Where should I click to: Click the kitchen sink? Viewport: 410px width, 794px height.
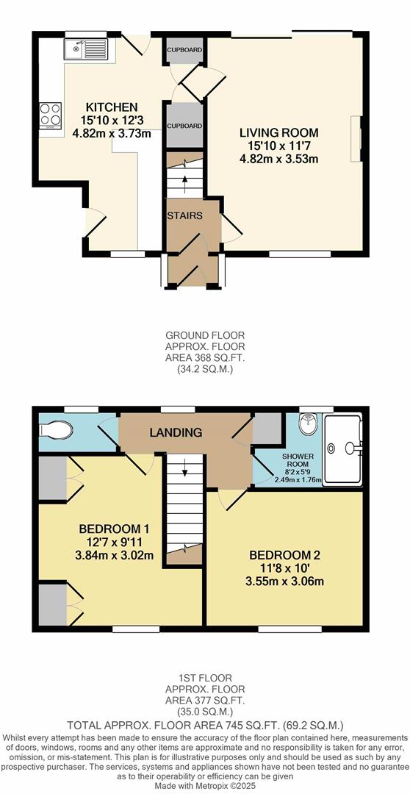[x=86, y=49]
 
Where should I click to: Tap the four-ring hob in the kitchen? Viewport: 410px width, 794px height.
[x=51, y=115]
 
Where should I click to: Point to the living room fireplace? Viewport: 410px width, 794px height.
[x=356, y=138]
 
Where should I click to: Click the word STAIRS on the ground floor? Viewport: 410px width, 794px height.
[x=184, y=215]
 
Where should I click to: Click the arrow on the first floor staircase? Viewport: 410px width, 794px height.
[x=184, y=471]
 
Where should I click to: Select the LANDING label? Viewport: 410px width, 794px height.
[x=176, y=432]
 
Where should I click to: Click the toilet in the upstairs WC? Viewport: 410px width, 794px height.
[x=60, y=429]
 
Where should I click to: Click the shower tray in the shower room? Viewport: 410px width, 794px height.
[x=343, y=449]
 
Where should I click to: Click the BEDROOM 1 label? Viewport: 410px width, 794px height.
[x=114, y=529]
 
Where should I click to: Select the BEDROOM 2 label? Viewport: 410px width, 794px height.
[x=284, y=555]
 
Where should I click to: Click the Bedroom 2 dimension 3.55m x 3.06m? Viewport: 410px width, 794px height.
[x=284, y=582]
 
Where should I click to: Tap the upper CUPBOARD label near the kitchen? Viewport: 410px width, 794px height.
[x=184, y=50]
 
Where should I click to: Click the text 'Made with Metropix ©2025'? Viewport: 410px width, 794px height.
[x=205, y=786]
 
